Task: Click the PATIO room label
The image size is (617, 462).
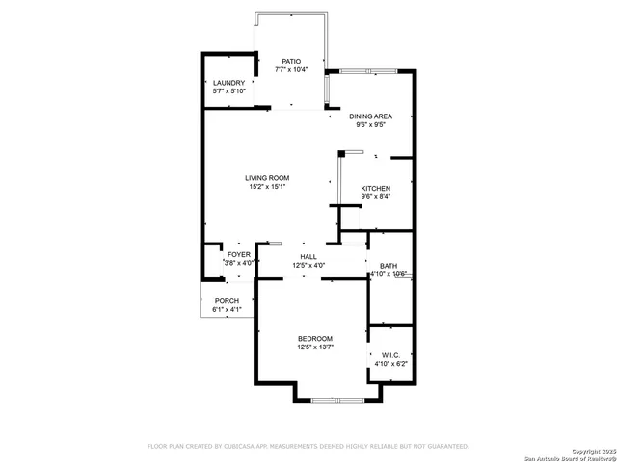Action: click(291, 61)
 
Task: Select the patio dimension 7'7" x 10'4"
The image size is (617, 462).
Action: click(291, 70)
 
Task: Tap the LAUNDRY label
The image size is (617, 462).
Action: click(229, 83)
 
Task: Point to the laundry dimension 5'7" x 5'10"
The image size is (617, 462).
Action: click(229, 92)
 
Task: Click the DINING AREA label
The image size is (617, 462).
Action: click(370, 115)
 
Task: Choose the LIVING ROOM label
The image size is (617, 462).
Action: click(267, 178)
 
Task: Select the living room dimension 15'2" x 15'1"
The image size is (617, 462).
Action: click(267, 188)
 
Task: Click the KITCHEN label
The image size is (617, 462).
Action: click(375, 188)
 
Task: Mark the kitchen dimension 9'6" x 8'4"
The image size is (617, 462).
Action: click(375, 197)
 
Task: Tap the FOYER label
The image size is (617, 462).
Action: click(238, 254)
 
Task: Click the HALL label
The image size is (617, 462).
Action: click(308, 256)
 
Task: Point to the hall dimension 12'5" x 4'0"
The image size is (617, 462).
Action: click(308, 266)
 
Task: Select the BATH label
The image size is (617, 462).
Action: click(389, 266)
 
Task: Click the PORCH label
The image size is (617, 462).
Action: click(227, 301)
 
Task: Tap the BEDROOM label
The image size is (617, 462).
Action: click(315, 339)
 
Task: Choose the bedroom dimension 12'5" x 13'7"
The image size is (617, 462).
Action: click(315, 348)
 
